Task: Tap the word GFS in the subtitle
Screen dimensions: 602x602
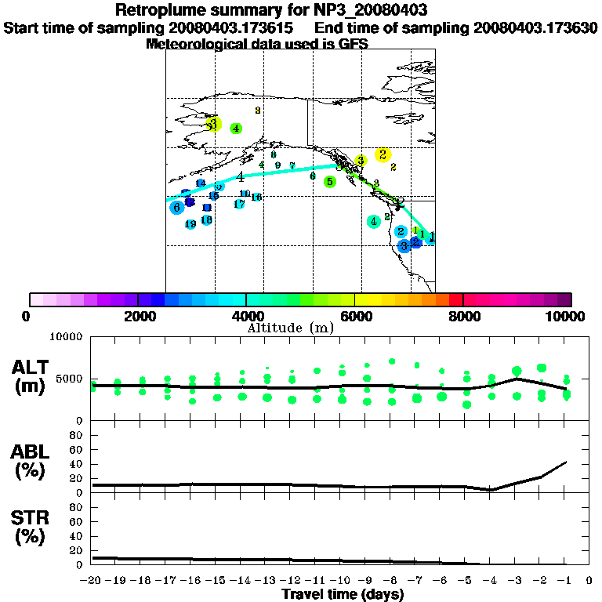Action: (x=353, y=44)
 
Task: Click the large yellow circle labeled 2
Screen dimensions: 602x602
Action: (x=383, y=154)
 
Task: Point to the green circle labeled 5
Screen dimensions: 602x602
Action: (x=330, y=182)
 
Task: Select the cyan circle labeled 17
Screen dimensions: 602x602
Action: (x=239, y=204)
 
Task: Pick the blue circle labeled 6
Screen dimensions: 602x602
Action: (x=177, y=207)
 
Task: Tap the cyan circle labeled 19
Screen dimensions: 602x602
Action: (x=190, y=224)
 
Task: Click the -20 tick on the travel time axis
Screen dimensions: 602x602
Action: (x=92, y=581)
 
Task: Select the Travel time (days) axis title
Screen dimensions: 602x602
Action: (x=343, y=594)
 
